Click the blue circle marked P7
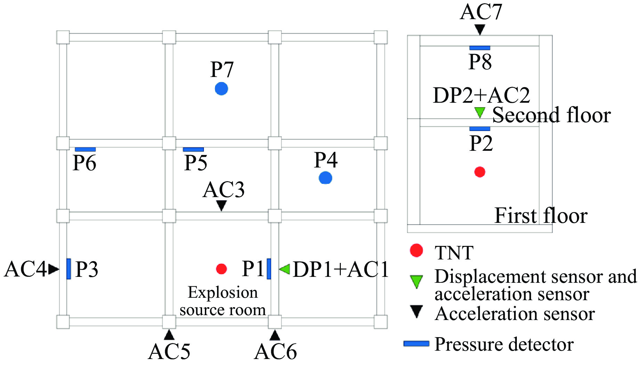[221, 89]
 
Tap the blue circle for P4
[325, 178]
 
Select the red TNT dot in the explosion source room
[221, 269]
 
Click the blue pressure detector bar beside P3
[69, 269]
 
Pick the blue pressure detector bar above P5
[193, 149]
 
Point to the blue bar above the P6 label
[85, 149]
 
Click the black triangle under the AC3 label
[221, 205]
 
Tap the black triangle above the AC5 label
[169, 335]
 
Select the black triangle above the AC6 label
[275, 335]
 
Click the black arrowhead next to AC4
[54, 269]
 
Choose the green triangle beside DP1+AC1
[285, 269]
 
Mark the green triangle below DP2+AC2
[480, 112]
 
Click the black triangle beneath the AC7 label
[480, 29]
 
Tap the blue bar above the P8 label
[480, 48]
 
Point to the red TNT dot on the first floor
[480, 172]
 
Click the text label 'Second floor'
[551, 115]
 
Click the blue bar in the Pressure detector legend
[416, 344]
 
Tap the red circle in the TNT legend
[416, 250]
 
